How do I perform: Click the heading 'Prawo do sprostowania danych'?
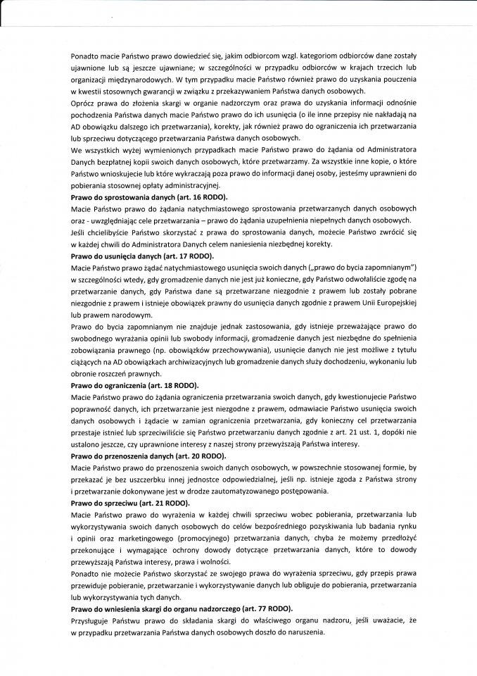click(x=138, y=198)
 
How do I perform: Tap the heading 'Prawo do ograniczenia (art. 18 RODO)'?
click(x=134, y=386)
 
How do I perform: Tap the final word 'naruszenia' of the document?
click(x=307, y=632)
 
